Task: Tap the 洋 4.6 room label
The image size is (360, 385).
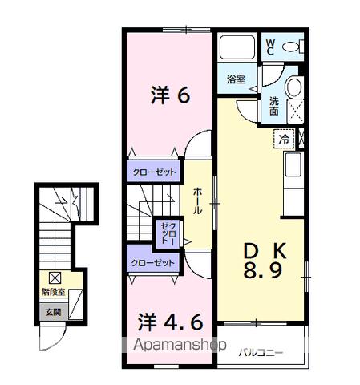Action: click(x=168, y=324)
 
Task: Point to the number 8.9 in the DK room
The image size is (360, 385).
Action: click(x=262, y=270)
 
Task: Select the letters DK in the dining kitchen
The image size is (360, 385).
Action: click(x=263, y=250)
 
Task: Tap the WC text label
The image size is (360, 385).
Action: click(x=270, y=46)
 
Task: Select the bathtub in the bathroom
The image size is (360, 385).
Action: click(x=237, y=48)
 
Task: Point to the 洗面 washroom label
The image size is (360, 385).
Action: click(x=274, y=105)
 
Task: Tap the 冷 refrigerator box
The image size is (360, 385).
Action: click(x=285, y=140)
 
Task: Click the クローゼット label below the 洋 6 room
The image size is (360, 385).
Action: click(x=152, y=172)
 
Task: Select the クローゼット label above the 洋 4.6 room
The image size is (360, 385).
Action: click(x=153, y=262)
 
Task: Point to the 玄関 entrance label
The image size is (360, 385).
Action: click(x=52, y=313)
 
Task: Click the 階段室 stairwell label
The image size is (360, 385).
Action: click(x=53, y=293)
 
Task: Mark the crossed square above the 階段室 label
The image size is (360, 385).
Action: click(x=55, y=278)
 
